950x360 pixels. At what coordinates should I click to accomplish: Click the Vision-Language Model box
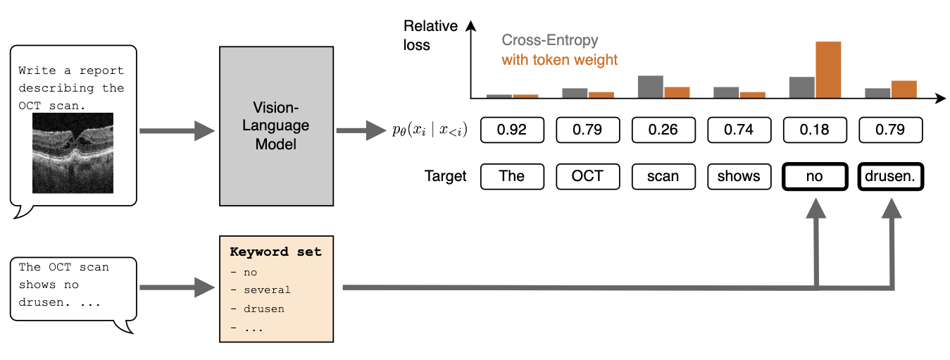pos(276,126)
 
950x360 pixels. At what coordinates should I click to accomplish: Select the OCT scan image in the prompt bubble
pos(73,154)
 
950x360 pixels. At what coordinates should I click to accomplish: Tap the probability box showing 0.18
pos(815,130)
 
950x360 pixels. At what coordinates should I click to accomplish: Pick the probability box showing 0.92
pos(512,130)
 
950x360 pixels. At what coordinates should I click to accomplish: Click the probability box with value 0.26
pos(663,130)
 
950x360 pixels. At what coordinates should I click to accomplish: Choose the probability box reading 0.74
pos(739,130)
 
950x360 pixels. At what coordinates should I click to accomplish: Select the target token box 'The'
pos(512,176)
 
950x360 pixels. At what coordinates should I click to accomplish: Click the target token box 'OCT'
pos(587,176)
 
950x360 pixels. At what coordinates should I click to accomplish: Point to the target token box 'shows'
pos(739,176)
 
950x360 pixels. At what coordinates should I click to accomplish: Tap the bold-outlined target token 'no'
pos(815,176)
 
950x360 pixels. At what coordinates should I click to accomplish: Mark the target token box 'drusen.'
pos(890,176)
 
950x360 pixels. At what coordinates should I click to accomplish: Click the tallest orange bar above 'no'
pos(828,69)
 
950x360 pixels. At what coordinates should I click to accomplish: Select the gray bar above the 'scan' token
pos(650,86)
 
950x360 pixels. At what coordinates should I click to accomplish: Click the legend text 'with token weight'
pos(559,60)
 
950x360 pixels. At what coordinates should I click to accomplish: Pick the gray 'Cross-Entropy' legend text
pos(549,40)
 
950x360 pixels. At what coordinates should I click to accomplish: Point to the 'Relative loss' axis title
pos(430,35)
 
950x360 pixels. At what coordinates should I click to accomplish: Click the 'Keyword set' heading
pos(275,252)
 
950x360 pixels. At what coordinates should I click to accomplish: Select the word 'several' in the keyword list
pos(267,290)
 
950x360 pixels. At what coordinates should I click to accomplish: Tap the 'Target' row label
pos(445,176)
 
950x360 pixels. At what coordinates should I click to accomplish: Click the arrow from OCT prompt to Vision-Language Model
pos(176,130)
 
